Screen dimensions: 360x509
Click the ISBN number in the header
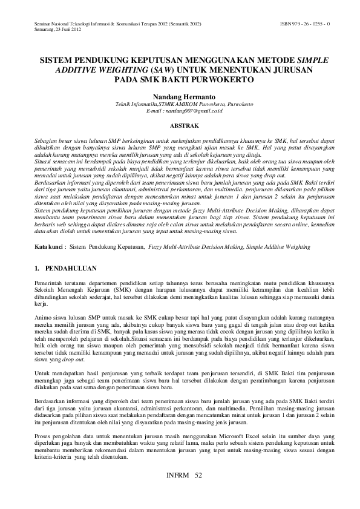point(305,24)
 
